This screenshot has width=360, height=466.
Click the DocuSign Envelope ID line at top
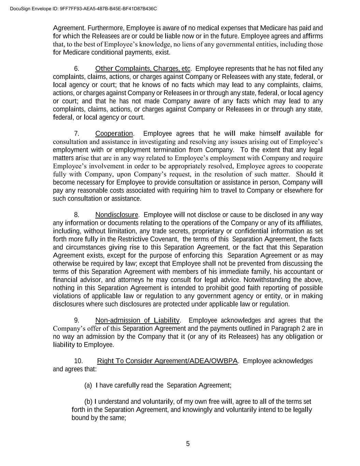tap(84, 9)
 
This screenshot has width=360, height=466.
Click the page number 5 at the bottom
tap(188, 444)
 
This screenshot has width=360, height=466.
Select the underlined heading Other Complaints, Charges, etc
tap(143, 69)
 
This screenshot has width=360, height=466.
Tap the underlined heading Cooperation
tap(114, 133)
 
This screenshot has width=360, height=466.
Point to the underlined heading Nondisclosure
tap(117, 215)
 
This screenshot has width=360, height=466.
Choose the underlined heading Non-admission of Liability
tap(137, 320)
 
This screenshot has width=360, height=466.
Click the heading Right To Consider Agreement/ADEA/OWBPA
tap(167, 361)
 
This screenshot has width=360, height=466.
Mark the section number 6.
tap(77, 69)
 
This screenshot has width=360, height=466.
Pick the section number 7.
tap(77, 133)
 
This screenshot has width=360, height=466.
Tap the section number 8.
tap(77, 215)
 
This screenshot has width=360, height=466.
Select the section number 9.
tap(77, 320)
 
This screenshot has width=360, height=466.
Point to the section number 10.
tap(78, 361)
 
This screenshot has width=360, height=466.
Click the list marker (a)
tap(88, 385)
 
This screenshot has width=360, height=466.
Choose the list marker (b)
tap(88, 401)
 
